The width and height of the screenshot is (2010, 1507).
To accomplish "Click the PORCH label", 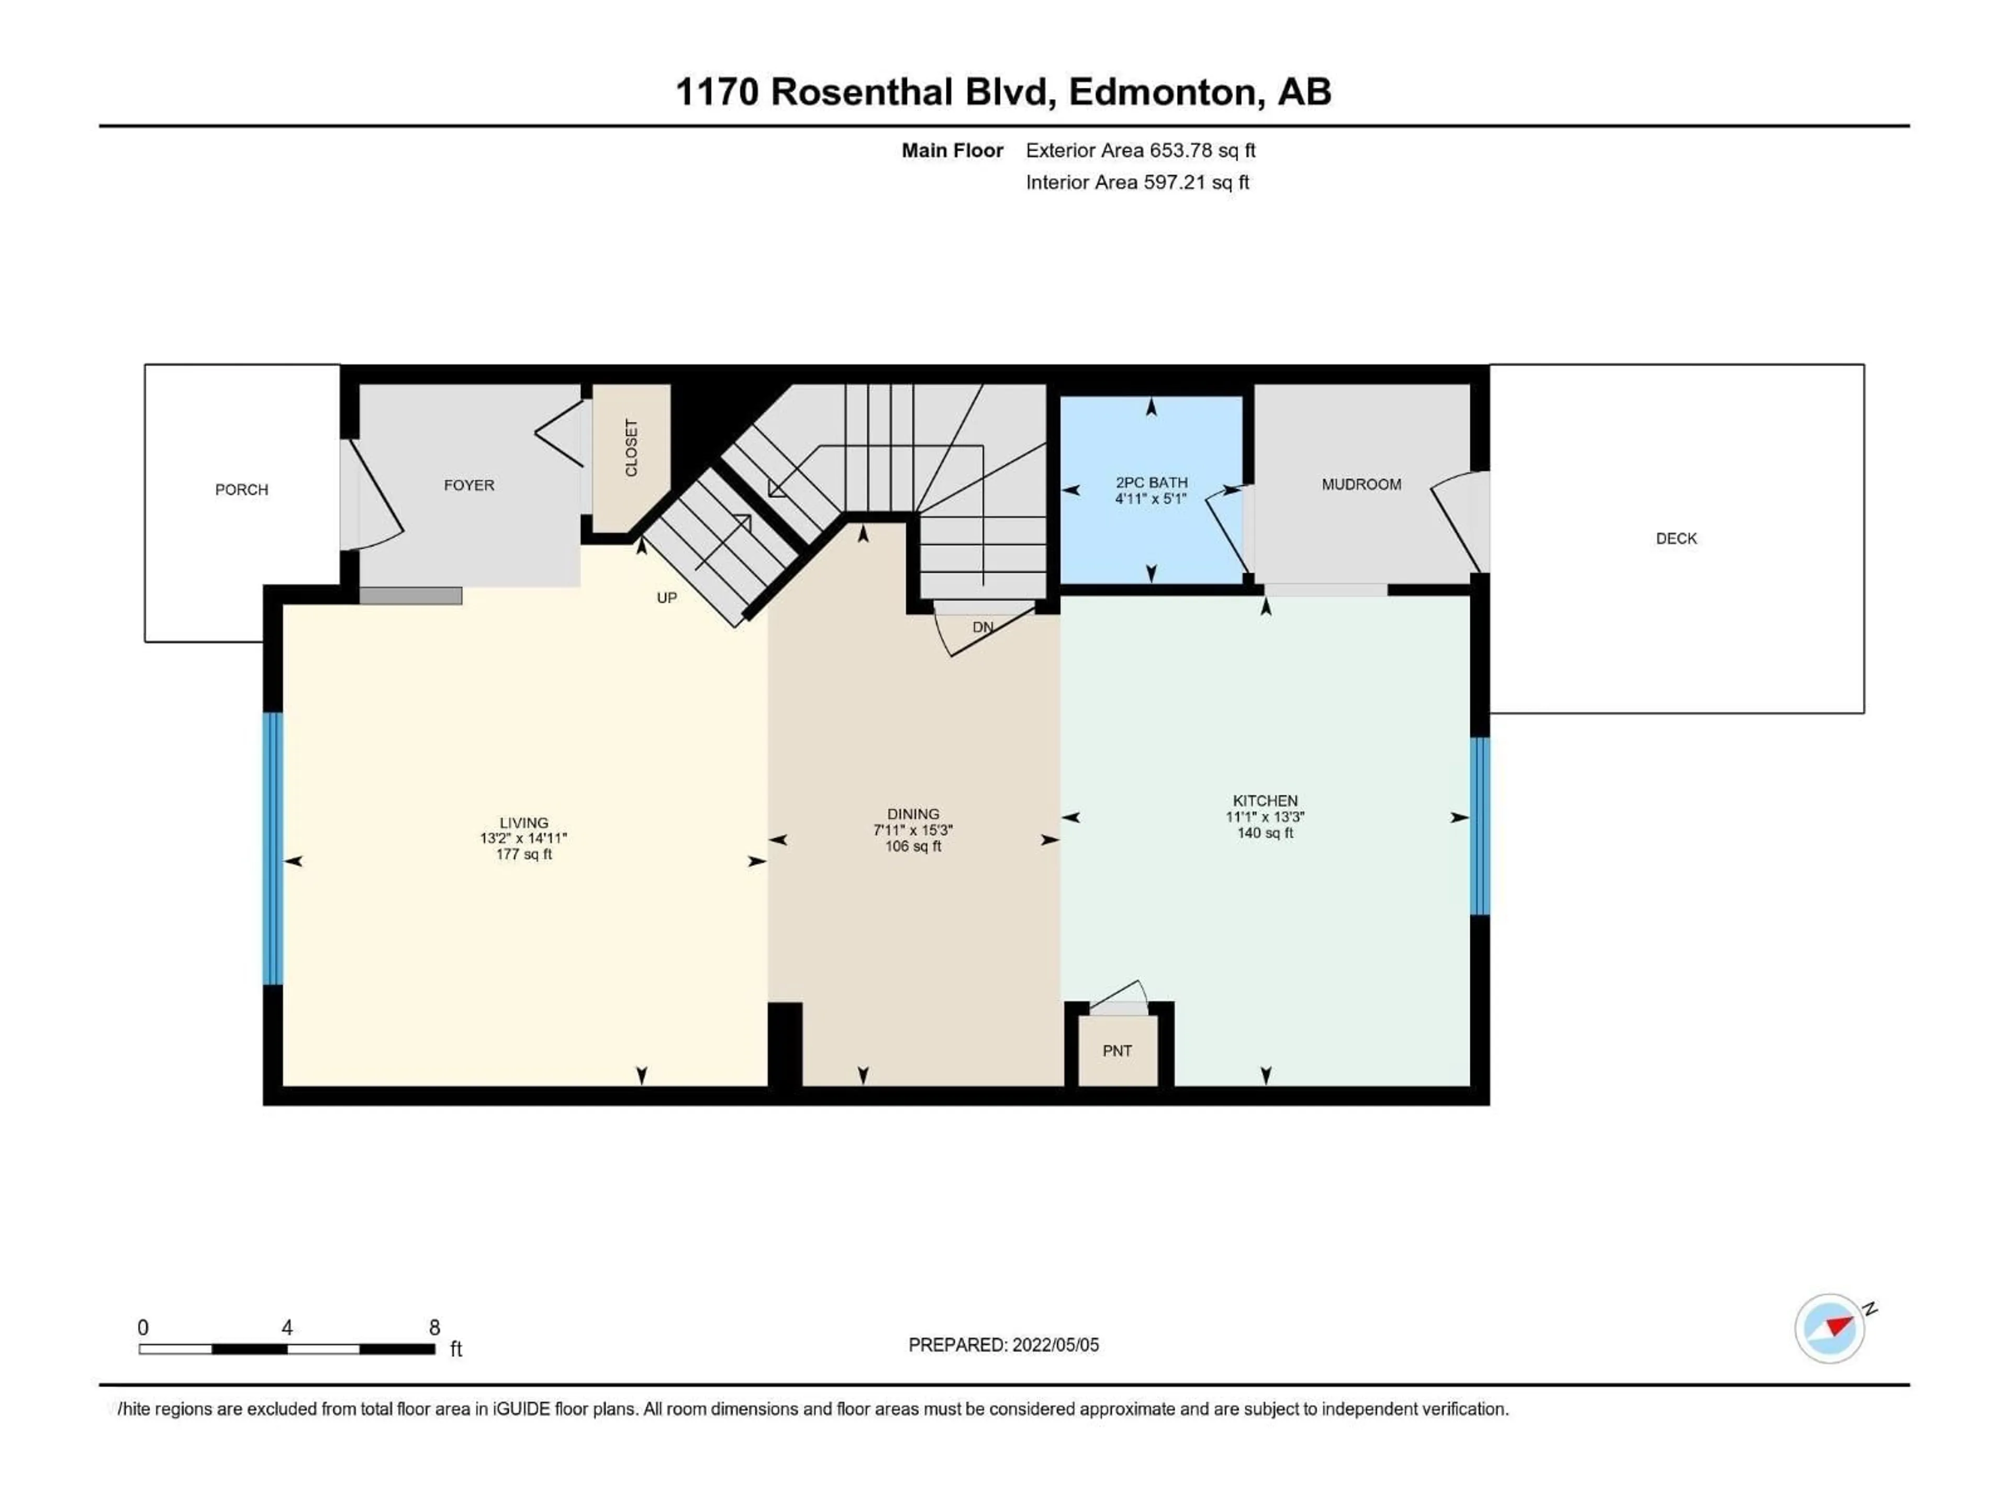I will (x=242, y=490).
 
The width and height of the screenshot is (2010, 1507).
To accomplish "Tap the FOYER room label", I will (x=469, y=485).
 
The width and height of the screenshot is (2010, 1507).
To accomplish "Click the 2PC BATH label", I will (x=1151, y=482).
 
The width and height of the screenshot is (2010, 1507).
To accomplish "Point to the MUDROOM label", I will (x=1361, y=484).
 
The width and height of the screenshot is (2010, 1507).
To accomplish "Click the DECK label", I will (x=1676, y=538).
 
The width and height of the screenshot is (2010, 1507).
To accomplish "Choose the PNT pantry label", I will (x=1117, y=1051).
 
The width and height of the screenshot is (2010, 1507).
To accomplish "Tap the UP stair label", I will (x=667, y=598).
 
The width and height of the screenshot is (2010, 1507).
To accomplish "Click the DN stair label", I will (x=983, y=627).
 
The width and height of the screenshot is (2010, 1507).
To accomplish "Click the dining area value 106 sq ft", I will (x=913, y=847).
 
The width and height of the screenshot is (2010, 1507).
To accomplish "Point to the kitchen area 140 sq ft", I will (x=1265, y=833).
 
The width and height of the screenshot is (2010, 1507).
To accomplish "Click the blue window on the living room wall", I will (x=273, y=848).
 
